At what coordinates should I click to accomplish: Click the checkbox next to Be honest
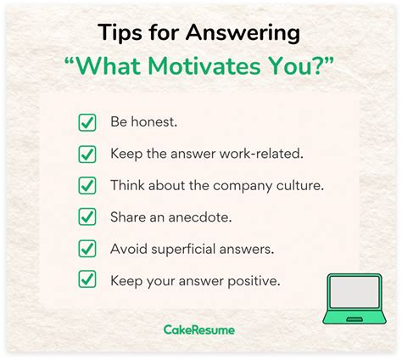[x=87, y=122]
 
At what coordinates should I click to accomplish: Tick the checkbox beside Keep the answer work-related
[x=87, y=154]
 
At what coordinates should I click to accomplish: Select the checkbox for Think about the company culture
[x=87, y=185]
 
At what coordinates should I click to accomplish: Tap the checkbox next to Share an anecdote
[x=87, y=217]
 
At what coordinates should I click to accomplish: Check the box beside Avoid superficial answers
[x=87, y=248]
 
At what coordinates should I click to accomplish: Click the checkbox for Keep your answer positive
[x=87, y=279]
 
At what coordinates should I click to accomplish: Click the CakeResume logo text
[x=200, y=329]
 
